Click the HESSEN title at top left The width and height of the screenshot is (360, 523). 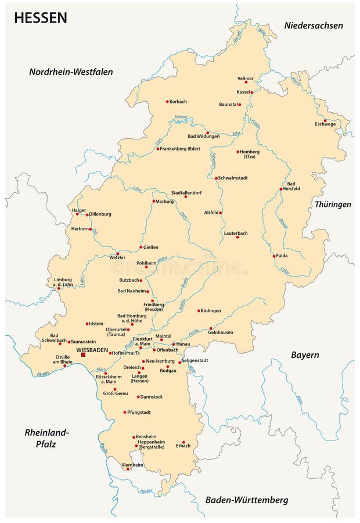click(x=41, y=18)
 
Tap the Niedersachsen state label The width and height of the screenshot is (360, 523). click(x=314, y=25)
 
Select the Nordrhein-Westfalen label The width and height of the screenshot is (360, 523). click(x=71, y=72)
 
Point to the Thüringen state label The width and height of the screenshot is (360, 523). click(x=333, y=205)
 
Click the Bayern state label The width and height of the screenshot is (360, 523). click(x=305, y=354)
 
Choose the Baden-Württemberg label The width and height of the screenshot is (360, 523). click(x=247, y=500)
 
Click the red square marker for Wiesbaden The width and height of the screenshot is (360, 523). click(x=83, y=354)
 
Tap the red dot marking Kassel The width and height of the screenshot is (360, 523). click(x=252, y=92)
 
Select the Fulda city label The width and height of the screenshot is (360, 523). click(x=282, y=256)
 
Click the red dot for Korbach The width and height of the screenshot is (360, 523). click(x=167, y=102)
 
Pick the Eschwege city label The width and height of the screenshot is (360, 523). click(x=325, y=124)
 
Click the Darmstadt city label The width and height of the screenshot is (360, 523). click(x=152, y=397)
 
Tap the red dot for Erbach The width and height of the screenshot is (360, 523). click(x=183, y=442)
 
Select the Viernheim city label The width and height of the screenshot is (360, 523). click(x=132, y=465)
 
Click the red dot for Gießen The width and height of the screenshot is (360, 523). click(x=141, y=247)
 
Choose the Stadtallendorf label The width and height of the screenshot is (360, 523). click(x=186, y=192)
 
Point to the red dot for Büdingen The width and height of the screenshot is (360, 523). click(x=199, y=310)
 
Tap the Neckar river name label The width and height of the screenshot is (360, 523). click(x=146, y=491)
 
